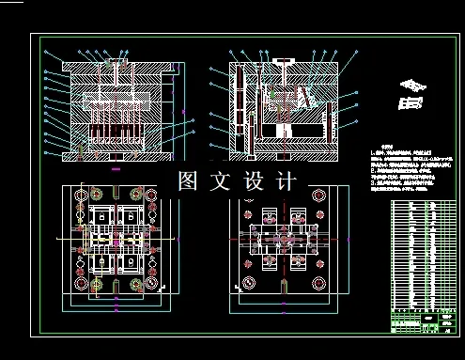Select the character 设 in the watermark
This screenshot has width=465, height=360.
(255, 180)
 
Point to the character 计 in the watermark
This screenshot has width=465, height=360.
(287, 180)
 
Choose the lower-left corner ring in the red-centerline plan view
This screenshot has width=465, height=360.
(249, 281)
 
